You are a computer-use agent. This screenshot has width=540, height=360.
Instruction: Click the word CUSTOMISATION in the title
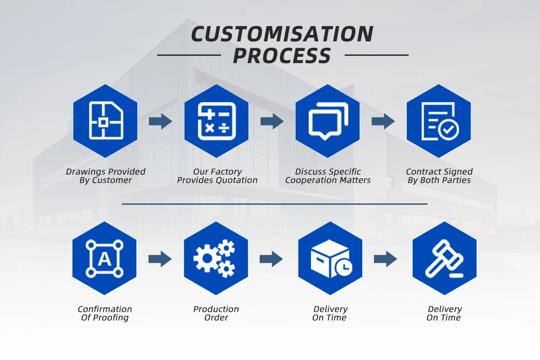pyautogui.click(x=282, y=34)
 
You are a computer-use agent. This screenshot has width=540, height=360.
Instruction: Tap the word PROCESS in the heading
pyautogui.click(x=282, y=56)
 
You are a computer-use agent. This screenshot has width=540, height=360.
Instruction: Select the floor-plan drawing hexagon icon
pyautogui.click(x=106, y=121)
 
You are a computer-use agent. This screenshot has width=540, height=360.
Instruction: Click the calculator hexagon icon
pyautogui.click(x=217, y=121)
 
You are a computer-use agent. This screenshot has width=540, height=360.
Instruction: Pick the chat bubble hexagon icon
pyautogui.click(x=328, y=121)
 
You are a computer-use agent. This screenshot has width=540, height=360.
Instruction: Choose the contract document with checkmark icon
pyautogui.click(x=439, y=121)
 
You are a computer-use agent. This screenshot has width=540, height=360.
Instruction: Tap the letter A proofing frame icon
pyautogui.click(x=104, y=258)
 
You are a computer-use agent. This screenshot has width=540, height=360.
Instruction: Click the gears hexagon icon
pyautogui.click(x=216, y=258)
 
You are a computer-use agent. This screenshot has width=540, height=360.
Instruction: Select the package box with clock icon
pyautogui.click(x=330, y=258)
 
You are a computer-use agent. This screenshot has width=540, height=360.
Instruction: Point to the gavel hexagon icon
pyautogui.click(x=445, y=258)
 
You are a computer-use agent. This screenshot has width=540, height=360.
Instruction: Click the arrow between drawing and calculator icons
pyautogui.click(x=161, y=121)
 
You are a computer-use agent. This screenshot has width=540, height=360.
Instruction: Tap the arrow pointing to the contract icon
pyautogui.click(x=383, y=121)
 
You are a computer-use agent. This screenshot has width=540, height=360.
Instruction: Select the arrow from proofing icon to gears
pyautogui.click(x=160, y=259)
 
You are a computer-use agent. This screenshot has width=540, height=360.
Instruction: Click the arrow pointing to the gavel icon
pyautogui.click(x=386, y=259)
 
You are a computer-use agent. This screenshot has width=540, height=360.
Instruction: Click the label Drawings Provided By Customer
pyautogui.click(x=106, y=176)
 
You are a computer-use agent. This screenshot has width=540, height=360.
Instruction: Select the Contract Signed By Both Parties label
pyautogui.click(x=439, y=176)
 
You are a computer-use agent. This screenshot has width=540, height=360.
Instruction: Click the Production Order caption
pyautogui.click(x=216, y=313)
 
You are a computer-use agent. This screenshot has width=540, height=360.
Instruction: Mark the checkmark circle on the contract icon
pyautogui.click(x=449, y=130)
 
